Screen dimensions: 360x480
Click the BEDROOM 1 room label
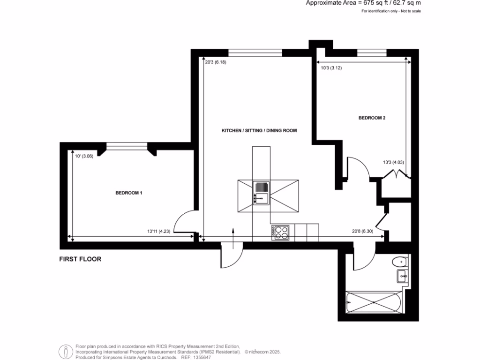[129, 193]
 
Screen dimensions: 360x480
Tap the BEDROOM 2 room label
[372, 118]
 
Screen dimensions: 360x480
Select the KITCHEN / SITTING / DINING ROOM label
[259, 130]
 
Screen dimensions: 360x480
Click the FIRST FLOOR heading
[80, 259]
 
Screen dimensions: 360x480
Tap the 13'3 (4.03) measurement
[393, 163]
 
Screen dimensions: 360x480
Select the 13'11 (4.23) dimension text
[158, 231]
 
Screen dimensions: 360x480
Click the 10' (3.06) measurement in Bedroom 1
[84, 157]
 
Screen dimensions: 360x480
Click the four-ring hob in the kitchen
[280, 232]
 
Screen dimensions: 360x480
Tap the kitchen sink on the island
[261, 193]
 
